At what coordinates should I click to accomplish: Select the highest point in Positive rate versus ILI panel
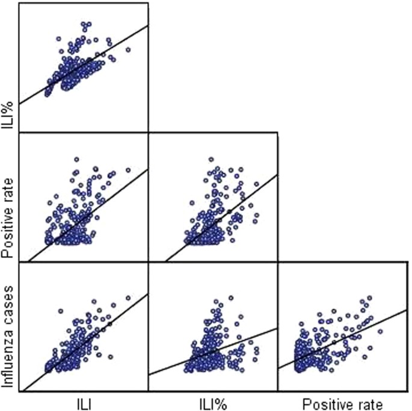[x=76, y=160]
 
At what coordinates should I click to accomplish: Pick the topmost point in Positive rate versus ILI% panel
[x=211, y=160]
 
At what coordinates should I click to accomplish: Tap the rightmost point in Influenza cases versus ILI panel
[x=128, y=298]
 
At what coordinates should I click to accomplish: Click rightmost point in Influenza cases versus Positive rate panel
[x=380, y=331]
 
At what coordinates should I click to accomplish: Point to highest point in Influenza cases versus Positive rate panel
[x=369, y=298]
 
